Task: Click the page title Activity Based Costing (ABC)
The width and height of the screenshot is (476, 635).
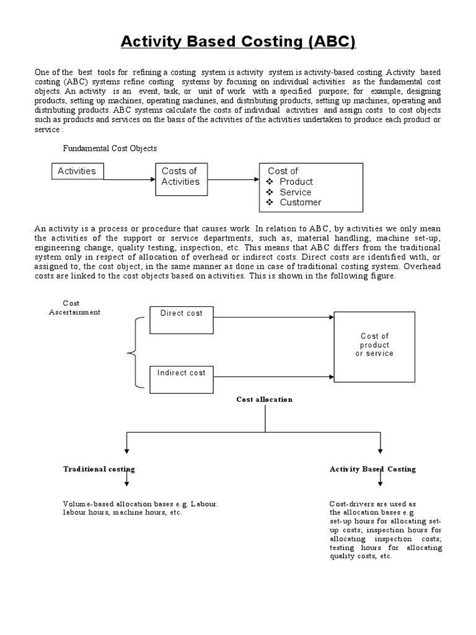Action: [x=238, y=42]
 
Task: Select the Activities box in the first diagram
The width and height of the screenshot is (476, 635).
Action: [x=77, y=171]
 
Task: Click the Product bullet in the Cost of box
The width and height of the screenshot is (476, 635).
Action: [x=296, y=182]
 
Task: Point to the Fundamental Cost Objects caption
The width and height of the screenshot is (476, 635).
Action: [x=110, y=149]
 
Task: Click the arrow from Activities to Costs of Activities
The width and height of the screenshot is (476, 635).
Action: [x=130, y=179]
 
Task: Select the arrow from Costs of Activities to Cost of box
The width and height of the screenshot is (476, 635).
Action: [x=232, y=179]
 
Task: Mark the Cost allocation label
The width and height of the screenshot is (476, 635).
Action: [x=265, y=399]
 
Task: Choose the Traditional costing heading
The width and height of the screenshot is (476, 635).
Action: [x=99, y=469]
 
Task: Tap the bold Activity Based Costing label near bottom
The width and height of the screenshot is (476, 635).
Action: [x=372, y=469]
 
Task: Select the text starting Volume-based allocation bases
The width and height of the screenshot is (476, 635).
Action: [x=141, y=508]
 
